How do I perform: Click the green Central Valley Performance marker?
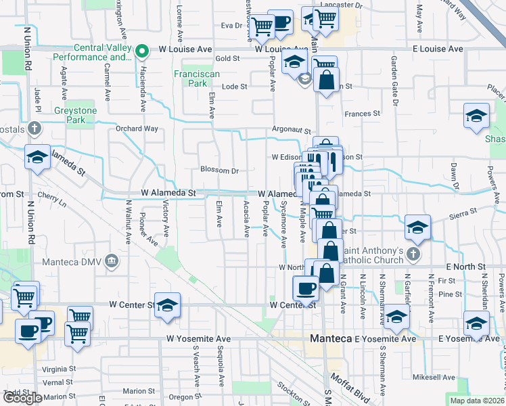(142, 51)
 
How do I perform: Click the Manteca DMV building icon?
(112, 261)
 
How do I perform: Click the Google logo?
(22, 398)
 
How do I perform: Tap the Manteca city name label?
(332, 338)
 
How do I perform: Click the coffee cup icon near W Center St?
(305, 289)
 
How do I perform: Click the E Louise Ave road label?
(438, 49)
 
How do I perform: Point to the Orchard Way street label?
(137, 129)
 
